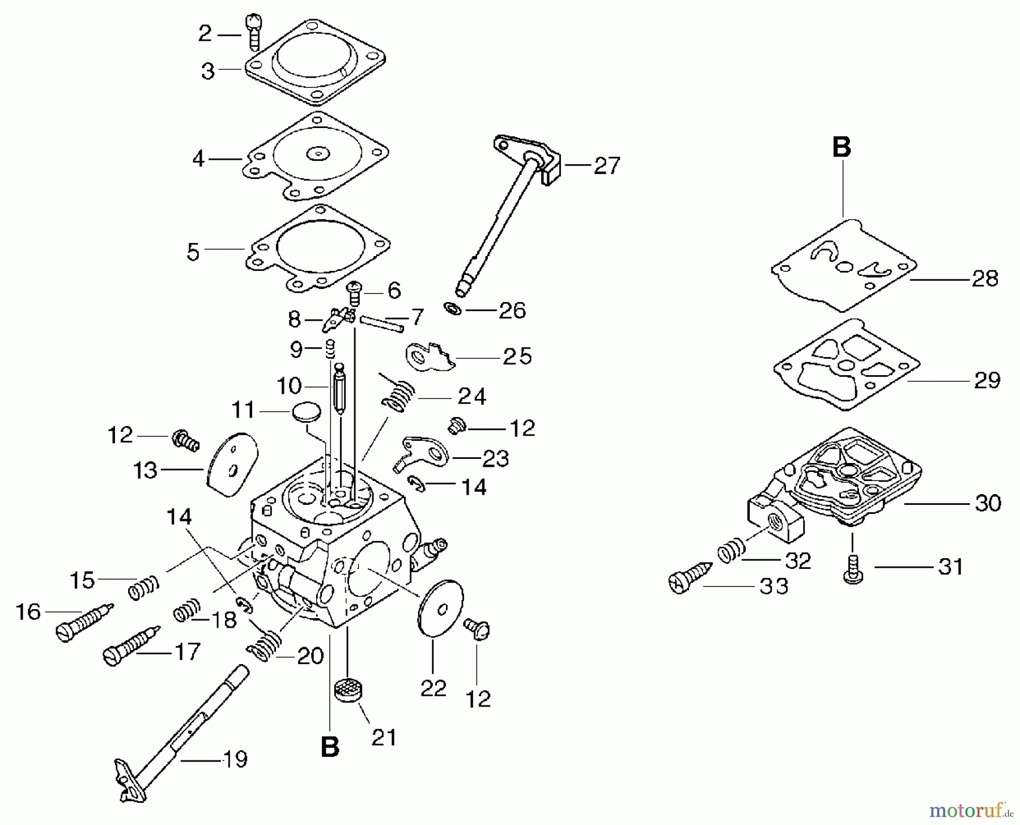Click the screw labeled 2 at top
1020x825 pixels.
(x=253, y=33)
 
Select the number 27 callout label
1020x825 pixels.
(x=607, y=166)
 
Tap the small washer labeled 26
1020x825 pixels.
(x=453, y=309)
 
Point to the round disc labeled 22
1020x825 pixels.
(x=440, y=609)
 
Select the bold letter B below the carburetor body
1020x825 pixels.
(x=330, y=747)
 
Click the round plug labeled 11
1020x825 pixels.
(x=307, y=411)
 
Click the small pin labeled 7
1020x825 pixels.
(x=381, y=323)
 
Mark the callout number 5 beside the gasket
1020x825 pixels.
(x=193, y=252)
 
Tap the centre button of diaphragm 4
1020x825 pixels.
(x=317, y=153)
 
